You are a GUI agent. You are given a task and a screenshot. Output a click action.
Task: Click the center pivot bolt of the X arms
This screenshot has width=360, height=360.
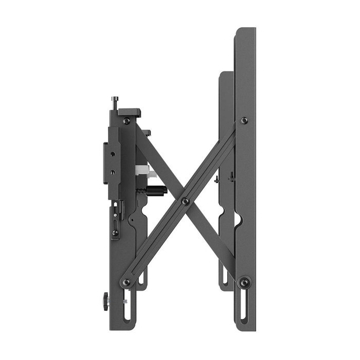[185, 201]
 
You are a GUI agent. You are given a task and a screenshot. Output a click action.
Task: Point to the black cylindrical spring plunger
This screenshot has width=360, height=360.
[154, 190]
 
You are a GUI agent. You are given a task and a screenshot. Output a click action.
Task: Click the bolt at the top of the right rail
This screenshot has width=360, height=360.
[244, 120]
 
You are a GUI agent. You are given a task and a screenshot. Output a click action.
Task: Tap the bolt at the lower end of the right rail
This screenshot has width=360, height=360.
[244, 282]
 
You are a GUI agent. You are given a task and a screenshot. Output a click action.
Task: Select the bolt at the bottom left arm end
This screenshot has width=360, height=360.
[127, 282]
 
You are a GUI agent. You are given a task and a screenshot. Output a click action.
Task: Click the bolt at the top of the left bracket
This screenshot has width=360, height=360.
[127, 121]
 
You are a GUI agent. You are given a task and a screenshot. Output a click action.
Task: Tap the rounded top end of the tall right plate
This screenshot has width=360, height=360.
[245, 31]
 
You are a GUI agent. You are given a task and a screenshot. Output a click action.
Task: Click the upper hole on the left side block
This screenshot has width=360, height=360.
[111, 153]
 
